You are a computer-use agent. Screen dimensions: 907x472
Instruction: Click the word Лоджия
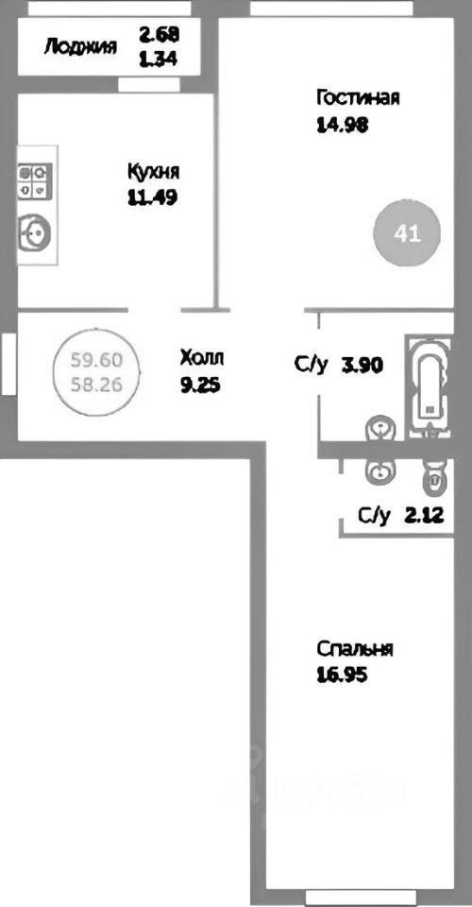coord(80,46)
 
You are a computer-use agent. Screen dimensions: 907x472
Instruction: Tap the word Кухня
coord(153,172)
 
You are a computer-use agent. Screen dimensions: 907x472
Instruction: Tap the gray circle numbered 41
coord(407,232)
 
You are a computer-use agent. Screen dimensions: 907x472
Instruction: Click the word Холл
coord(204,357)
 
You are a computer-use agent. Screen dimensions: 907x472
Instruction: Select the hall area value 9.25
coord(199,385)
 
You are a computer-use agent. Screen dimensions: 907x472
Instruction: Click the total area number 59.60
coord(96,360)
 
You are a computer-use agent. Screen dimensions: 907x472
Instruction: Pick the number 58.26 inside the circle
coord(96,385)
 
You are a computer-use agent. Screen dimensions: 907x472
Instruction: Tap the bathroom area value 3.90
coord(363,366)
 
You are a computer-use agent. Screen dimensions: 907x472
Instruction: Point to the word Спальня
coord(354,649)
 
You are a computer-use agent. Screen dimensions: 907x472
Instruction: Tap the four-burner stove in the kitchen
coord(34,181)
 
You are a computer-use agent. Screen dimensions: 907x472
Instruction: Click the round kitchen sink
coord(36,230)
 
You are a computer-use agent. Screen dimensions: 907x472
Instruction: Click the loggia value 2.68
coord(159,36)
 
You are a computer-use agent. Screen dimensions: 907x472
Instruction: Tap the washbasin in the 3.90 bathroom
coord(378,431)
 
